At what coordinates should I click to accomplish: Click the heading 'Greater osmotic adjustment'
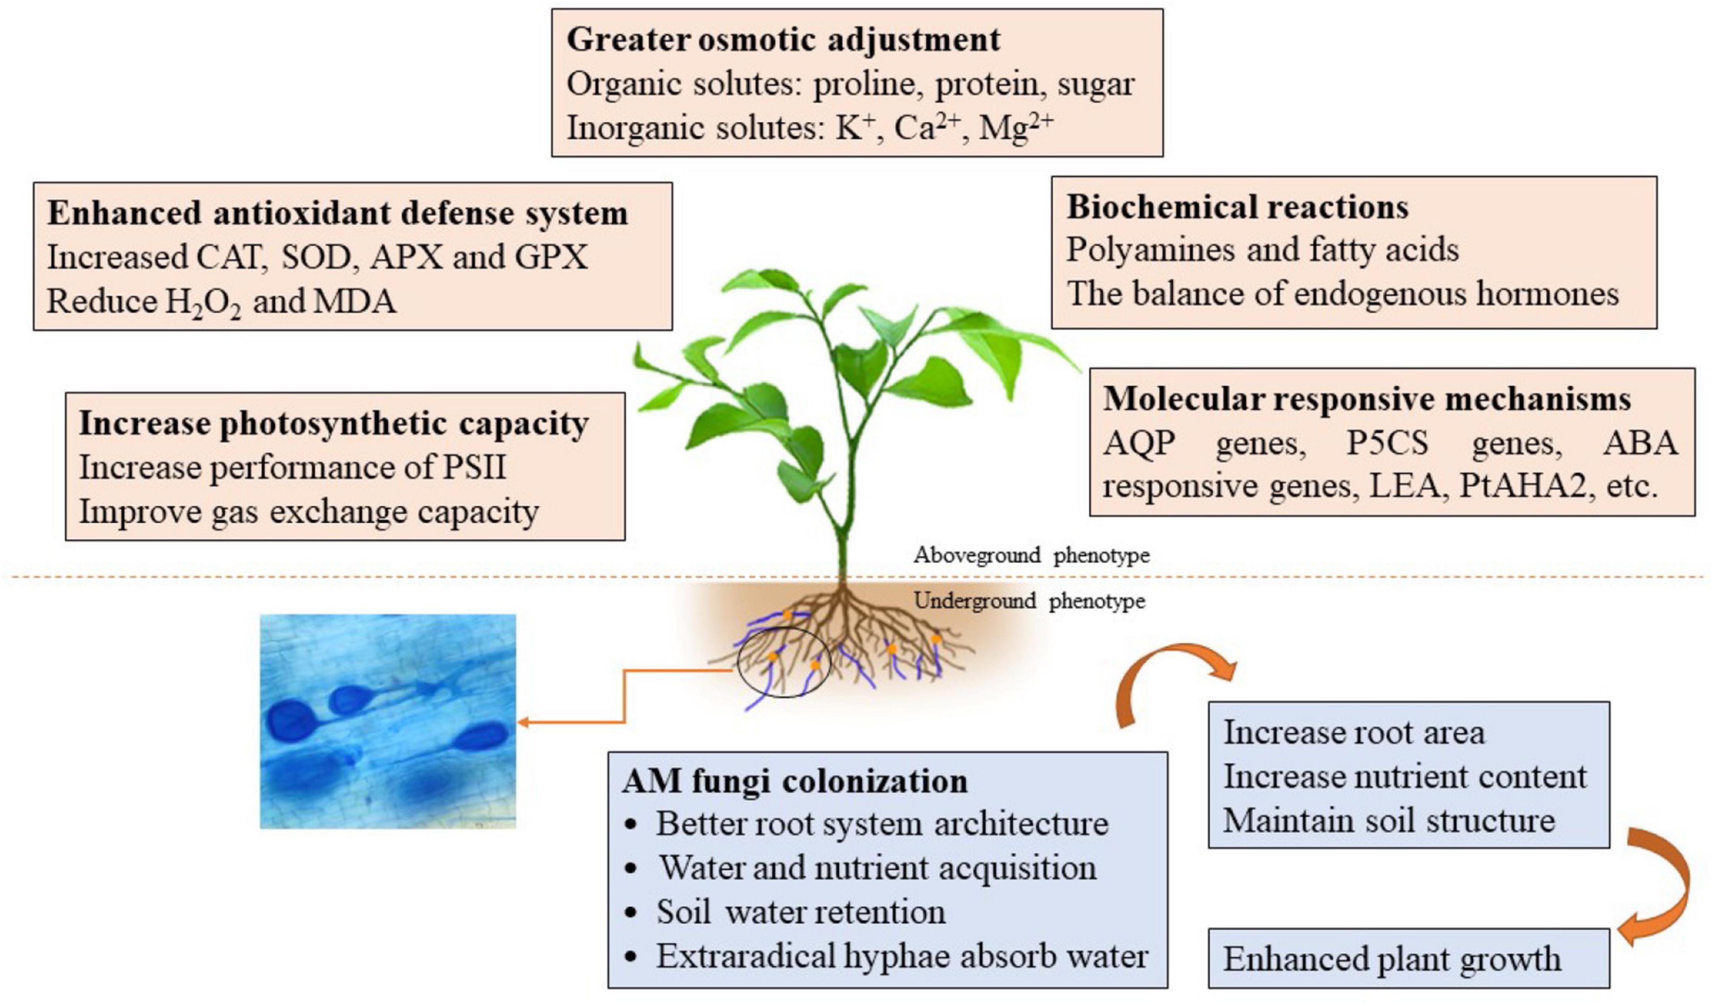(783, 39)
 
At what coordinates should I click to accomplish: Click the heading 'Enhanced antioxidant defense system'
(337, 213)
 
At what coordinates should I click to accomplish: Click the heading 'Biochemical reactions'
(1237, 207)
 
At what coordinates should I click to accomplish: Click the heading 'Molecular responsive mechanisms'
(1366, 399)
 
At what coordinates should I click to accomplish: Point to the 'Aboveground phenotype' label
(1030, 555)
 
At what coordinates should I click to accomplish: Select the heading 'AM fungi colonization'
(794, 781)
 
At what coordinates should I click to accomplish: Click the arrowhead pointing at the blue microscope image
(525, 722)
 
